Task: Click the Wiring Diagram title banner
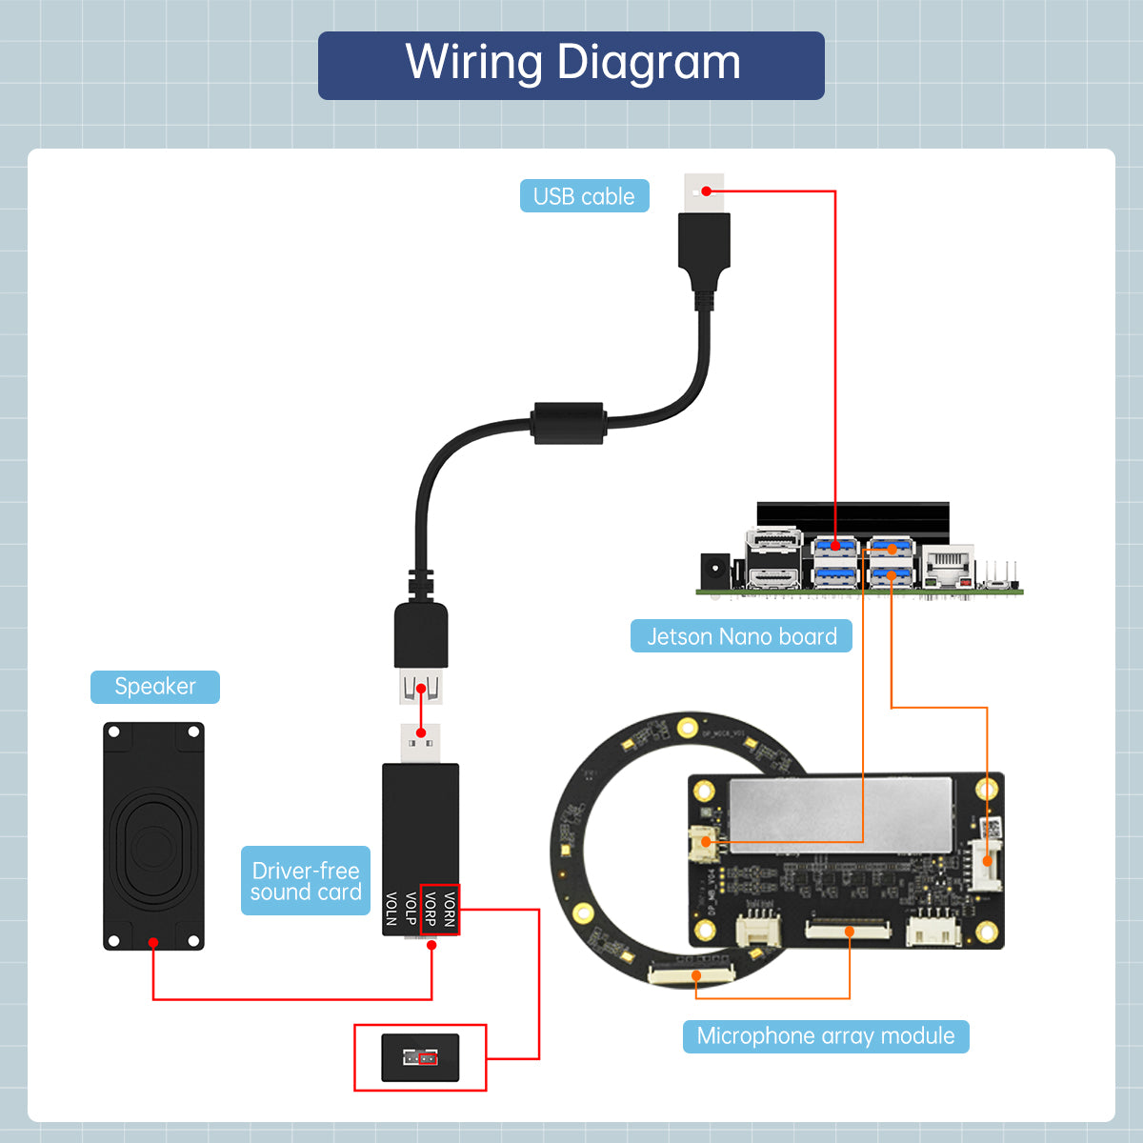(571, 65)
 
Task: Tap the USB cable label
(584, 196)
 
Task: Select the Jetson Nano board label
(741, 636)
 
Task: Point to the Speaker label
(154, 687)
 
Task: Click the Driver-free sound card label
(305, 881)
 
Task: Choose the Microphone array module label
(825, 1036)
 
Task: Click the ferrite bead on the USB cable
(569, 423)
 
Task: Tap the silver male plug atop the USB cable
(704, 193)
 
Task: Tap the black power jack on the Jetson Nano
(714, 571)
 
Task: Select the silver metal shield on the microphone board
(840, 810)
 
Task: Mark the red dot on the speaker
(152, 942)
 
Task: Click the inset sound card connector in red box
(420, 1057)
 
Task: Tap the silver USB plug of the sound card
(420, 743)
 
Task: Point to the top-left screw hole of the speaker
(114, 732)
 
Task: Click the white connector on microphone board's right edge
(987, 862)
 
